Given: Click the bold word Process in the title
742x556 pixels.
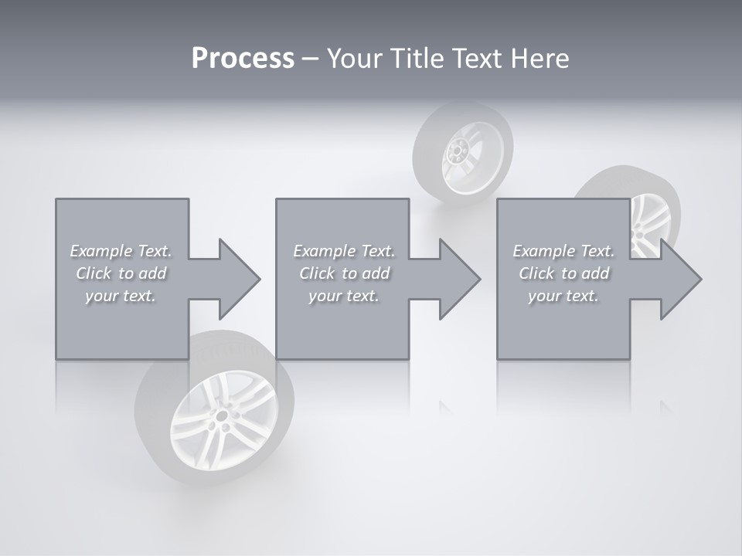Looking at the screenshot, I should tap(243, 59).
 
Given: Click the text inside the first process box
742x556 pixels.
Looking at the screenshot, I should tap(121, 273).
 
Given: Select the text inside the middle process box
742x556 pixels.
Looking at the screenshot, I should tap(344, 273).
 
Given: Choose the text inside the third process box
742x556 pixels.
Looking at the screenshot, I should tap(563, 273).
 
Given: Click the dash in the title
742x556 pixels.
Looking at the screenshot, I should tap(310, 59).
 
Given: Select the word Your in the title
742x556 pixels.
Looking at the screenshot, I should tap(353, 59).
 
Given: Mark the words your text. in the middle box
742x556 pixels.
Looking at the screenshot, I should tap(344, 296).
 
